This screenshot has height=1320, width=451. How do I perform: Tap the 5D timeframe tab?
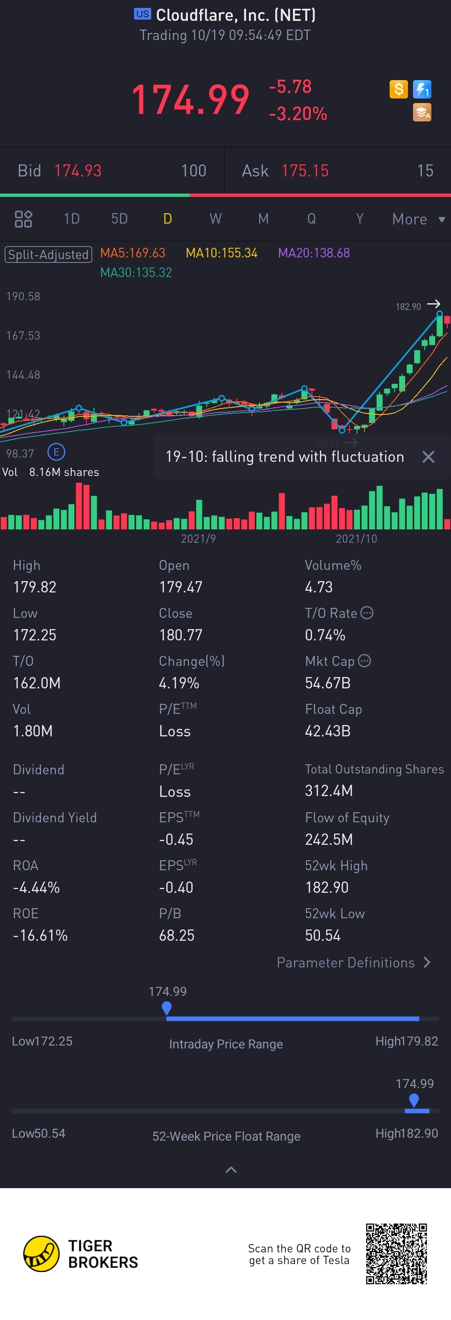[119, 219]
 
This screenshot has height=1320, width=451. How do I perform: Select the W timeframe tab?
[215, 219]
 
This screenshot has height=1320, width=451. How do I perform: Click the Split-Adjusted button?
[48, 254]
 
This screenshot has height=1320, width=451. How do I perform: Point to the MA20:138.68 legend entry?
[314, 253]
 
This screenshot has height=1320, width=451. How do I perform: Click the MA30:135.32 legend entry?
[136, 272]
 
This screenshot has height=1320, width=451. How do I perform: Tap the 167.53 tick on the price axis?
[23, 336]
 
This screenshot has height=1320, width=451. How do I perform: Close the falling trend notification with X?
[428, 456]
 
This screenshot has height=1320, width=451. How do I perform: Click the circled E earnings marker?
[56, 452]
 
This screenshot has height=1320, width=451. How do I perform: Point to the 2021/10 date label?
[356, 539]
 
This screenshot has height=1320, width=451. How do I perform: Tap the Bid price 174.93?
[78, 171]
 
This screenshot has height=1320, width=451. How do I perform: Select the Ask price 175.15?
[305, 171]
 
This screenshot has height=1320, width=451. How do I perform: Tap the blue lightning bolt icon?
[422, 89]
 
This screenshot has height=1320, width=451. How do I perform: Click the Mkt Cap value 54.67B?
[327, 683]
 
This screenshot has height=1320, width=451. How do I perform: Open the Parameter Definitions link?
[354, 962]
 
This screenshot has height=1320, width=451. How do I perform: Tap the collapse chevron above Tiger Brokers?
[231, 1169]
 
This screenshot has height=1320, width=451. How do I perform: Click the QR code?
[396, 1253]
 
